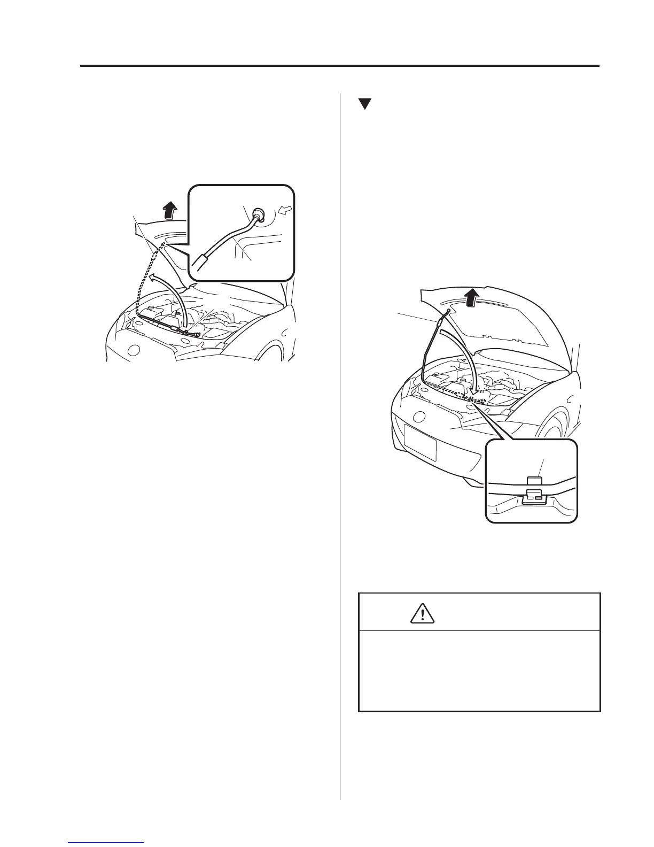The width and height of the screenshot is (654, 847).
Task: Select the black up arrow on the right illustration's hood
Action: coord(471,296)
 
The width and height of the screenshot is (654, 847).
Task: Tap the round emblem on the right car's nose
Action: coord(420,417)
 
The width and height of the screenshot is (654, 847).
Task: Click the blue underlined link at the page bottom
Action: coord(107,843)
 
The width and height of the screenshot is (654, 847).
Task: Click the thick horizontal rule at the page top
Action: coord(340,66)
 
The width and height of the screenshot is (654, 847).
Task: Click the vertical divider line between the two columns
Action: coord(340,428)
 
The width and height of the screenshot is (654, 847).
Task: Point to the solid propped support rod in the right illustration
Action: coord(430,348)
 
